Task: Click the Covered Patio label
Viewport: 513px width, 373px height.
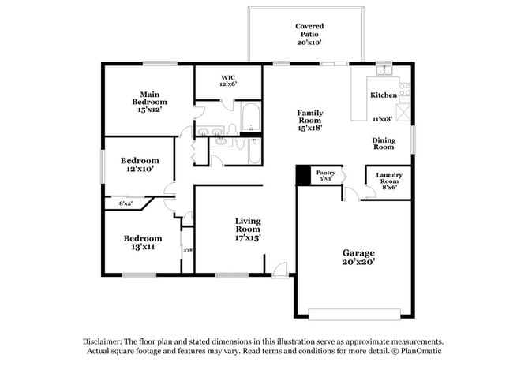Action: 309,35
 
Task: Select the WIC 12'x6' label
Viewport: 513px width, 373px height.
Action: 229,80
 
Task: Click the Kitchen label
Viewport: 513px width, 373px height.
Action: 384,95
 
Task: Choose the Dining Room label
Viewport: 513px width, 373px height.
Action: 384,143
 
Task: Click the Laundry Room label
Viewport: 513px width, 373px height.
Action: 389,181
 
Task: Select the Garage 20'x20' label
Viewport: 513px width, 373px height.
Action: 358,257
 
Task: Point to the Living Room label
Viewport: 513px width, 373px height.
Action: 247,229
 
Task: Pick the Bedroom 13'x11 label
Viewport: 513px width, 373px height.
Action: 142,242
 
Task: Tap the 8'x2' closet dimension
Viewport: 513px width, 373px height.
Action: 125,204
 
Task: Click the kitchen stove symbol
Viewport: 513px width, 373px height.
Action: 404,90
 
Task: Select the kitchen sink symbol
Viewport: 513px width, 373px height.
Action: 385,71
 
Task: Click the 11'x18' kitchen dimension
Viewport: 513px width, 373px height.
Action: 384,119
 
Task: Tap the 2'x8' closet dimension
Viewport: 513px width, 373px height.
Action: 188,250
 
